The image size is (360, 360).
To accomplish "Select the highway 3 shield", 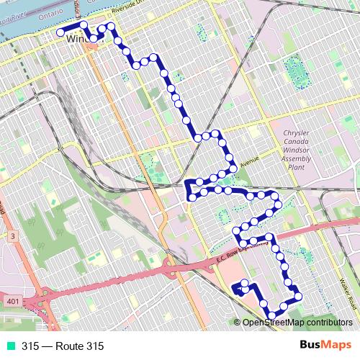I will point(12,235).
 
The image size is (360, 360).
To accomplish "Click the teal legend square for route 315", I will point(9,346).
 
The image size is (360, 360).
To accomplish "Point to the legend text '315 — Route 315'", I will point(63,346).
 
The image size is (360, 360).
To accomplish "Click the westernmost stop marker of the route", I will point(60,32).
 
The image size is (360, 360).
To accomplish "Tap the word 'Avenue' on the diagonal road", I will point(249,162).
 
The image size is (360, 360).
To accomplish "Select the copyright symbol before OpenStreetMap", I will point(237,324).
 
